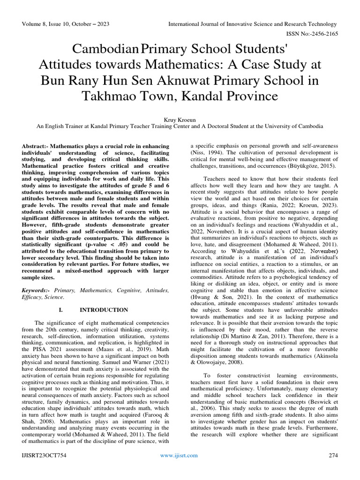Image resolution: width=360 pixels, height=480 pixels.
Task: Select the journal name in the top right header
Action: (253, 24)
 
